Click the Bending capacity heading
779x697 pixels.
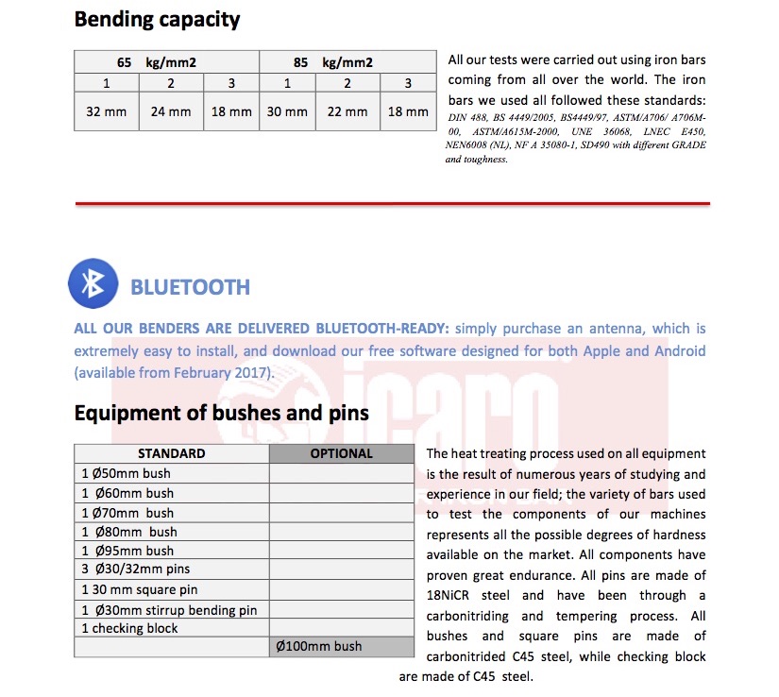157,19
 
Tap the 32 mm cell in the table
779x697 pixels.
106,111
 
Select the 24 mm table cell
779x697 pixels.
171,111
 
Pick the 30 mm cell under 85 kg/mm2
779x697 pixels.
287,111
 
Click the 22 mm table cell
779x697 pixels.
347,111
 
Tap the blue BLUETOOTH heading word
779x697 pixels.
190,287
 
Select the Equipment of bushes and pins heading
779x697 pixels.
221,413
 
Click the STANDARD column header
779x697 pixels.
171,453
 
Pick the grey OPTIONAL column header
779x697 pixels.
342,453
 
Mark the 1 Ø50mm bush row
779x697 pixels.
126,473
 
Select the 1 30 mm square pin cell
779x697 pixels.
139,590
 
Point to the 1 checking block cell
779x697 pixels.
129,628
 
